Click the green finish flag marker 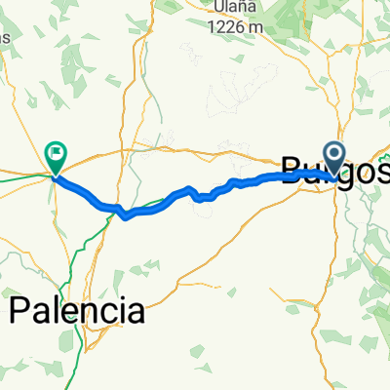click(56, 154)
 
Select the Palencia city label click(77, 312)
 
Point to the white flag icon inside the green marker click(56, 151)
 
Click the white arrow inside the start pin click(334, 152)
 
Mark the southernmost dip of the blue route click(126, 217)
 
